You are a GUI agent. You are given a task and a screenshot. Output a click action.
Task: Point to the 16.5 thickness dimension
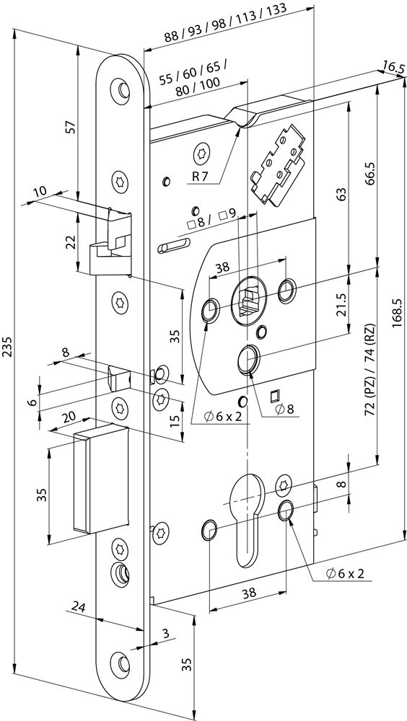tap(392, 68)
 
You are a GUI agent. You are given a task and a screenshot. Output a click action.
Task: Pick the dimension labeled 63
tap(341, 193)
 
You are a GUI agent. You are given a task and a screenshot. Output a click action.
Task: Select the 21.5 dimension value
tap(341, 304)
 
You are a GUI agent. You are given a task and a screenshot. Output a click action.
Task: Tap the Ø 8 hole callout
tap(289, 409)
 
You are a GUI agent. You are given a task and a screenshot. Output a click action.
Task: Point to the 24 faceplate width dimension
tap(80, 606)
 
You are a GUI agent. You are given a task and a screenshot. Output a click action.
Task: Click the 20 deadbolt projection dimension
tap(69, 417)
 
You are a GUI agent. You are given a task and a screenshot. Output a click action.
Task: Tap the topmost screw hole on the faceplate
tap(120, 89)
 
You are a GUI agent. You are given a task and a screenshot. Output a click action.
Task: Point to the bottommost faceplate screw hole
tap(120, 662)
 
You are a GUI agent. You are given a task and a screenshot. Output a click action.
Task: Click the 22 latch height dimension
tap(70, 242)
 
